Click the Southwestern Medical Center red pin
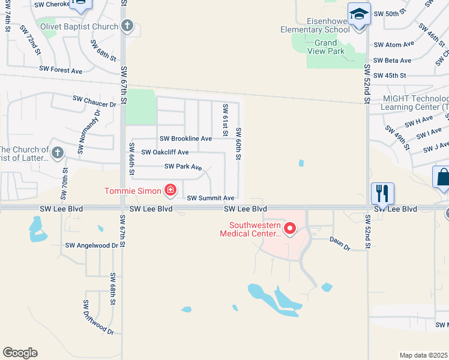tap(290, 228)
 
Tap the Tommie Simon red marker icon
tap(170, 191)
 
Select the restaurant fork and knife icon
tap(382, 193)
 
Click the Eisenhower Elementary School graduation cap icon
tap(359, 14)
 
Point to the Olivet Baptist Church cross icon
tap(127, 26)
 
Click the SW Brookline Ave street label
tap(185, 139)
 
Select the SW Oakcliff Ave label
tap(165, 152)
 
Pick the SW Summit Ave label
tap(210, 198)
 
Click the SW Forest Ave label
tap(61, 70)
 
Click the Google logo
tap(20, 353)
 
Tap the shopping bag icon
tap(443, 178)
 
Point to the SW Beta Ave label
tap(392, 61)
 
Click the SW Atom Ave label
tap(393, 44)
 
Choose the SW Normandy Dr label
tap(88, 134)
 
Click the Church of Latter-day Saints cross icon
tap(57, 152)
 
